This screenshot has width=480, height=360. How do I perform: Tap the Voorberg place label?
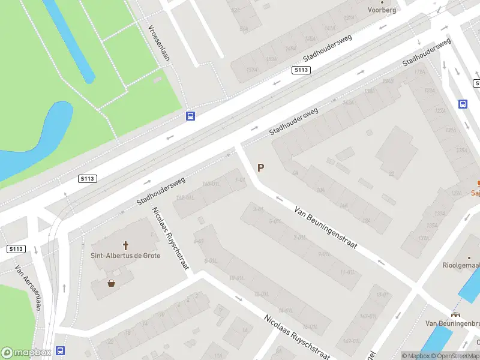click(x=382, y=10)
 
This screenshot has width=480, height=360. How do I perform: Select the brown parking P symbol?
click(x=260, y=168)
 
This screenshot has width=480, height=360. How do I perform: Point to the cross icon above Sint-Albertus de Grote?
click(x=126, y=245)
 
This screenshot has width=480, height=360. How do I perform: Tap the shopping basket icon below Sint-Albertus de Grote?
click(x=112, y=283)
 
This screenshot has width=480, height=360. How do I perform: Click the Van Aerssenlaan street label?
click(x=28, y=288)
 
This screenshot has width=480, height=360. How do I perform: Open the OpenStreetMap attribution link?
click(x=455, y=356)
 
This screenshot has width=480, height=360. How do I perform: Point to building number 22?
click(x=391, y=174)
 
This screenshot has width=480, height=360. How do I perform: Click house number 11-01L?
click(x=347, y=272)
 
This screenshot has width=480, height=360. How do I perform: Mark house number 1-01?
click(x=241, y=179)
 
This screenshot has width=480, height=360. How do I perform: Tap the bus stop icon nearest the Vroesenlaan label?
click(x=190, y=116)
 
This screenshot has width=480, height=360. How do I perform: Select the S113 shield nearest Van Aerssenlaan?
click(x=16, y=248)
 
